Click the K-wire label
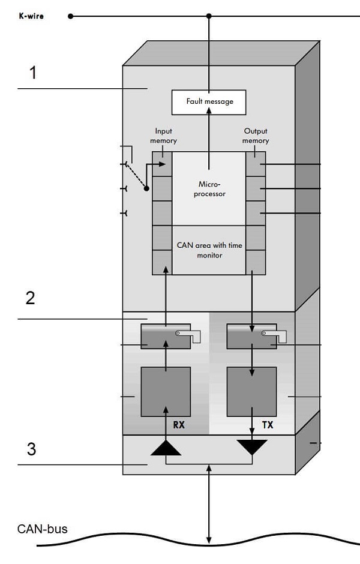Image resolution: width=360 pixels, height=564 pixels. pos(31,16)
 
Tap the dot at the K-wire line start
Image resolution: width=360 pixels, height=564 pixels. pos(70,16)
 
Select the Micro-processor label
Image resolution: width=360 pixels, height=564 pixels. pos(209,189)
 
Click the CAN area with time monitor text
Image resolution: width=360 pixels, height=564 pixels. pos(208,250)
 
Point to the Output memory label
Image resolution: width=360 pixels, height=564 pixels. pos(255,136)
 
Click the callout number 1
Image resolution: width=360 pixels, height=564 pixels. pos(34,73)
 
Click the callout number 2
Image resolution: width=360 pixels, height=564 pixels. pos(30,298)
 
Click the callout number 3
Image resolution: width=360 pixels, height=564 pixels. pos(31,449)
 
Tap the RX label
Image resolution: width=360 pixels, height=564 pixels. pos(178,425)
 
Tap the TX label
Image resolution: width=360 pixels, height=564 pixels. pos(268,425)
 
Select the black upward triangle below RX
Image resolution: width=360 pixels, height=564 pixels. pos(166,448)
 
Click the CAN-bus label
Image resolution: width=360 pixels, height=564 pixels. pos(42,529)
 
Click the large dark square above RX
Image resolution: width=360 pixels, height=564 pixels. pos(166,391)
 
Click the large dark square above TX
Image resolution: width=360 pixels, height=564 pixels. pos(251,391)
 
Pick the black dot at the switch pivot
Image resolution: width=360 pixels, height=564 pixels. pos(146,188)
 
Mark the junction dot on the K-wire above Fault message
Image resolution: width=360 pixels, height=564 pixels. pos(209,16)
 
